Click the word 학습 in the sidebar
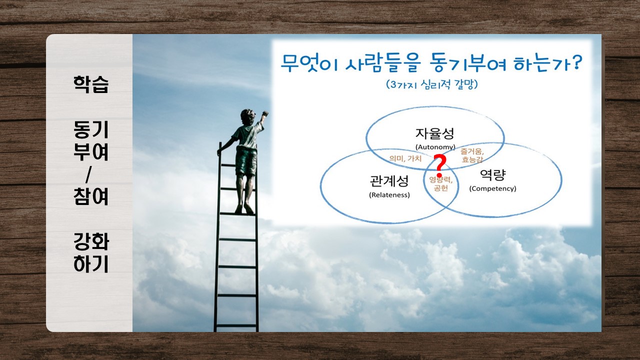[91, 84]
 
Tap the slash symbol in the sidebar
[88, 174]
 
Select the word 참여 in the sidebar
[91, 196]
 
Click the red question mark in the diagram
[440, 165]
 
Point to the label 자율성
[434, 133]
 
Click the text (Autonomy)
[435, 147]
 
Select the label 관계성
[389, 181]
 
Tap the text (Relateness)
[389, 195]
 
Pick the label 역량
[493, 174]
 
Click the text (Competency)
[493, 188]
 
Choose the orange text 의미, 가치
[405, 158]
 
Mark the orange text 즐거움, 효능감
[472, 155]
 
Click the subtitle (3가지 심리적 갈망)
[431, 84]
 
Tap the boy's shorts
[245, 161]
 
